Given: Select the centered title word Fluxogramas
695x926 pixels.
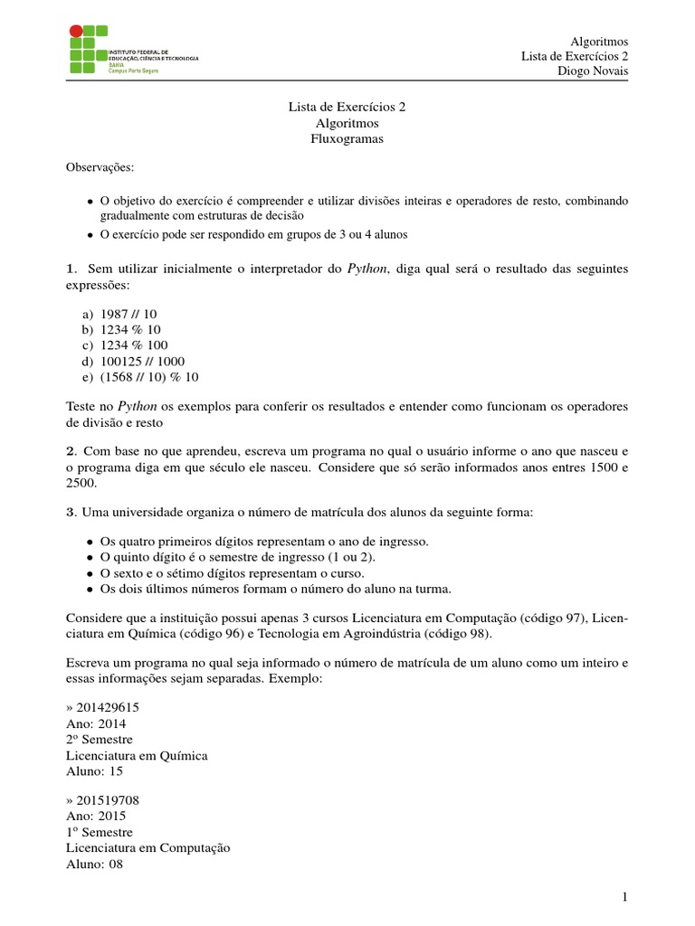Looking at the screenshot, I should (x=347, y=138).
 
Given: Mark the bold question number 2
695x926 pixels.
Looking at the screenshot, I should (x=70, y=450).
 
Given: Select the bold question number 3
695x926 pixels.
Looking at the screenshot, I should (x=70, y=512).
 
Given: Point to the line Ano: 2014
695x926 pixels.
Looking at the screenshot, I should (x=96, y=723).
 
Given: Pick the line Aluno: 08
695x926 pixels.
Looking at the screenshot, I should (x=94, y=864).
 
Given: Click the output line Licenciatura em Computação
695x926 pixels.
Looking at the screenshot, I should (x=148, y=847).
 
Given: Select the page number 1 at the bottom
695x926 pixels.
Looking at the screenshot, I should (x=624, y=896).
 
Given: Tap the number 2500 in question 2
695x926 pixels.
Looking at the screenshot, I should (x=81, y=483).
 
